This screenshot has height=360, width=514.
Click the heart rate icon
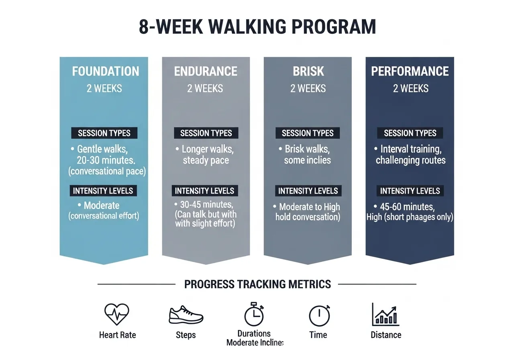coord(117,314)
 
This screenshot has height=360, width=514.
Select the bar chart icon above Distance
coord(385,314)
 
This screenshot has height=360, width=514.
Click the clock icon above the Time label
coord(319,315)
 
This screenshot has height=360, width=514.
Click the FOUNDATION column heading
coord(105,72)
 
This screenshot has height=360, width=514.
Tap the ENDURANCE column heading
coord(206,72)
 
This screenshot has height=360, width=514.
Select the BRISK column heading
coord(308,72)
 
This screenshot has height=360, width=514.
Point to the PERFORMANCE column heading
coord(410,72)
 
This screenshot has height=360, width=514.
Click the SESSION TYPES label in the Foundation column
coord(104,133)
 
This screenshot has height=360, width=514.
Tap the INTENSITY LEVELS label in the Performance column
coord(410,191)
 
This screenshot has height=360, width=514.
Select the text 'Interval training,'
coord(411,149)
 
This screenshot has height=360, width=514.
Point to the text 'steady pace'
coord(206,160)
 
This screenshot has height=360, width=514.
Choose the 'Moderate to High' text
coord(309,207)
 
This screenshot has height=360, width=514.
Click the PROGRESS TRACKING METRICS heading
coord(257,284)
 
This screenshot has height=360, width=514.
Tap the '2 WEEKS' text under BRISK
coord(308,88)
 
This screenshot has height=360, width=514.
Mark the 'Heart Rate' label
coord(117,335)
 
